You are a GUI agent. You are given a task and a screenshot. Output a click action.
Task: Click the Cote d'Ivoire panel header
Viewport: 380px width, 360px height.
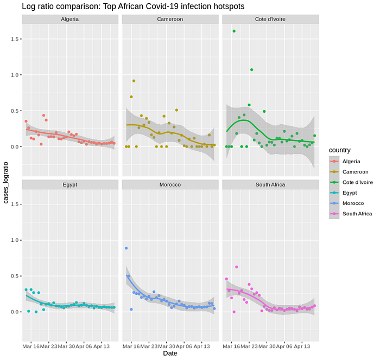pos(270,20)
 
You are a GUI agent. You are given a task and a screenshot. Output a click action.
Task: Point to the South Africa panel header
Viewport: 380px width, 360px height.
pos(270,184)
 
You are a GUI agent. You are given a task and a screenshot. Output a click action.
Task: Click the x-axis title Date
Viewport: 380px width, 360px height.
pos(170,353)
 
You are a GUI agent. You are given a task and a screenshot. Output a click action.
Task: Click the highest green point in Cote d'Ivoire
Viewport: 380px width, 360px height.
pos(234,31)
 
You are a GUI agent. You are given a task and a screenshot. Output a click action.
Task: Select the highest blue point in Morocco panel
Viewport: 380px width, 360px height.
pos(126,248)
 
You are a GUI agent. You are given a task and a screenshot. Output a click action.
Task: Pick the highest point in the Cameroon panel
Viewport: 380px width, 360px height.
pos(134,81)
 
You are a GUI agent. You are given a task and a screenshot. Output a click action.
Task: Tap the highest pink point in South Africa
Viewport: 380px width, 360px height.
pos(237,267)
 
